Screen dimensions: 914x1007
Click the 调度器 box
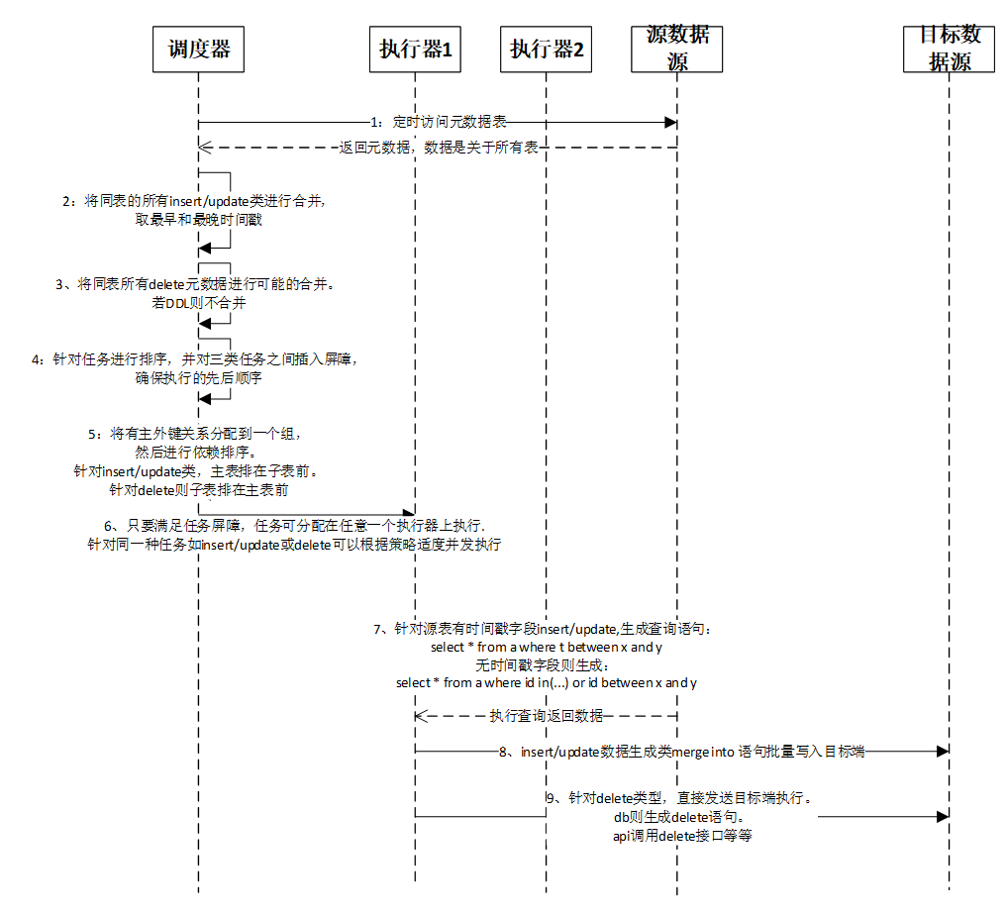[198, 49]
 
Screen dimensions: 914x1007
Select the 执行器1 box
[416, 49]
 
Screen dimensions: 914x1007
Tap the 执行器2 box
[547, 49]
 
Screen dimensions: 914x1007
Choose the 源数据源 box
[677, 49]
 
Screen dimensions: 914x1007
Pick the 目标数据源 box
[950, 49]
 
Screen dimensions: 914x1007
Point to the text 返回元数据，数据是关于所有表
[438, 147]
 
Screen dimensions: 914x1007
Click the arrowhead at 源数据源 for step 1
[670, 122]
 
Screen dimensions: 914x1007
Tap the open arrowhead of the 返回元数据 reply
[204, 147]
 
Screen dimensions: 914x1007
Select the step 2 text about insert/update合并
[195, 211]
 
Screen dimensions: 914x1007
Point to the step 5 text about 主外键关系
[193, 461]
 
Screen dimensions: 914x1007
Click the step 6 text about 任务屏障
[295, 535]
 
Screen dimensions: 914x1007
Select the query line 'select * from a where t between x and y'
[547, 647]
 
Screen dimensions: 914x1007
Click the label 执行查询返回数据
[546, 716]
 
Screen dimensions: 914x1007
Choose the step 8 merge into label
[682, 752]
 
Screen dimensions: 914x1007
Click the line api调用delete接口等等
[682, 837]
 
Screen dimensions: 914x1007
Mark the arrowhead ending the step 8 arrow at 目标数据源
[943, 752]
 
